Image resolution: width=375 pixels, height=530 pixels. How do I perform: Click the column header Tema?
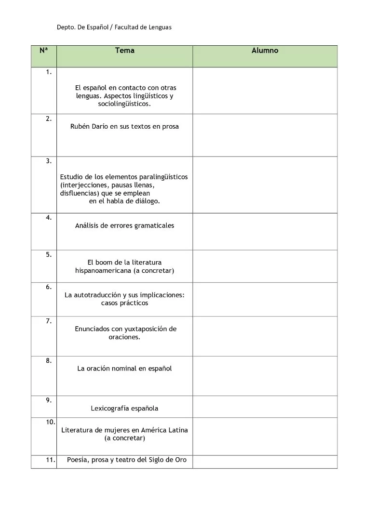coord(125,51)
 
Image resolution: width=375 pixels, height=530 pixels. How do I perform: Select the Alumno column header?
coord(265,51)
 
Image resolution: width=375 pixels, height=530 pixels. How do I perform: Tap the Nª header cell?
coord(43,50)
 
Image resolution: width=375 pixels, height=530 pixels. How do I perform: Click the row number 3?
coord(49,161)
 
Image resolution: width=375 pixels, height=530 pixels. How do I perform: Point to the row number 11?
coord(51,460)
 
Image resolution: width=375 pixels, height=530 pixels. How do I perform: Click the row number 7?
coord(49,321)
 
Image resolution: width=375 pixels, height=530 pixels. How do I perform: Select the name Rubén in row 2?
coord(80,127)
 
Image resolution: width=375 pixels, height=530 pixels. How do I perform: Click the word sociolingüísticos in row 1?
coord(124,104)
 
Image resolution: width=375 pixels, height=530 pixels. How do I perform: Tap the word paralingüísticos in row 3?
coord(163,177)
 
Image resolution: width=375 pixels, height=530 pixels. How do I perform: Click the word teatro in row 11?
coord(126,460)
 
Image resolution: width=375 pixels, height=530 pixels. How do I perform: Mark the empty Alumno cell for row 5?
coord(265,266)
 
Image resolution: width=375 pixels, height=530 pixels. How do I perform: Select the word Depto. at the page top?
coord(66,27)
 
